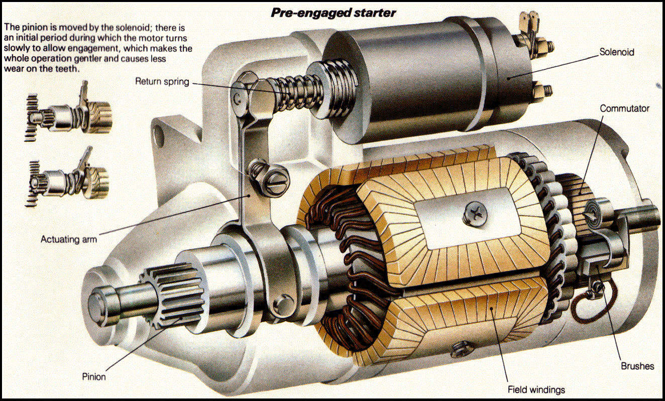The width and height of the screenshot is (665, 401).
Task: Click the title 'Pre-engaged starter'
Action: [x=333, y=13]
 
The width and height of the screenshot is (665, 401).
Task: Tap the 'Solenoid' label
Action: [x=616, y=52]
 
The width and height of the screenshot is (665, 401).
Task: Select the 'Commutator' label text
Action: [x=625, y=109]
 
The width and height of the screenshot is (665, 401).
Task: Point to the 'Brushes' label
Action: [x=637, y=366]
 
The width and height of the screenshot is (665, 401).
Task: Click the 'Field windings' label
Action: [x=536, y=389]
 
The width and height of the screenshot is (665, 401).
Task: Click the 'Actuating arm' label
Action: [x=68, y=240]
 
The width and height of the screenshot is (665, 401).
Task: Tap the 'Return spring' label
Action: [x=162, y=81]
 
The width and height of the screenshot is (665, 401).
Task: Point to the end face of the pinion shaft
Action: [x=97, y=302]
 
